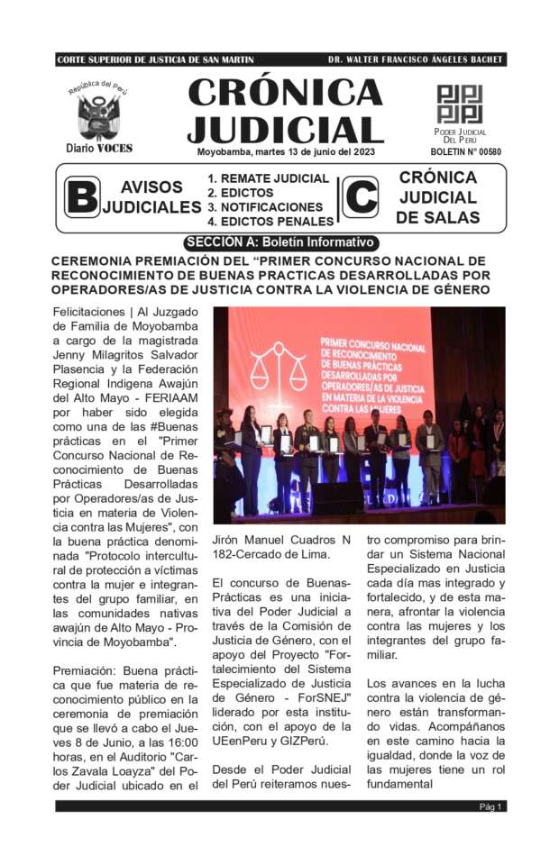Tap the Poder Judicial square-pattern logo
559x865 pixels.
(x=459, y=104)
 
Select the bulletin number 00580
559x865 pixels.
(x=466, y=151)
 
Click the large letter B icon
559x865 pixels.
(x=82, y=196)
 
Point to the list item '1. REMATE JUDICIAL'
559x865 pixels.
(x=269, y=179)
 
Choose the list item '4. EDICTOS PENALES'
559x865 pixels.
(x=270, y=221)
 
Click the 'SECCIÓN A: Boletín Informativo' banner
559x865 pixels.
(x=279, y=241)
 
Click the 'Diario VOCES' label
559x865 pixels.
(x=99, y=148)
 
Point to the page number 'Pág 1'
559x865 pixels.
(x=490, y=806)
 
